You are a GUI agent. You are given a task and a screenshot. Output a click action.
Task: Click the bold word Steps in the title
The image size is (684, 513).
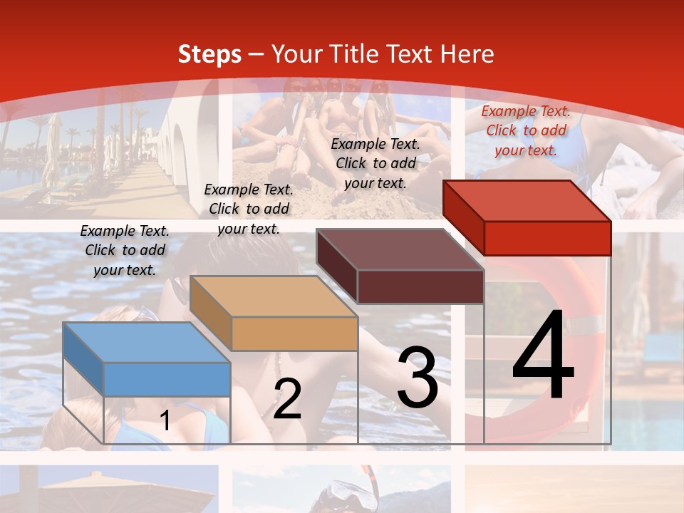coord(209,54)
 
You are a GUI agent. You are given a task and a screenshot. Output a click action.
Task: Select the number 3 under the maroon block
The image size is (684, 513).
coord(417,378)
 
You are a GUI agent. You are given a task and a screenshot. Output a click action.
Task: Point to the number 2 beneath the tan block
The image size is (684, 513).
coord(287,399)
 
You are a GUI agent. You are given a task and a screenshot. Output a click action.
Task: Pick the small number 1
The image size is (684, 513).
coord(165,421)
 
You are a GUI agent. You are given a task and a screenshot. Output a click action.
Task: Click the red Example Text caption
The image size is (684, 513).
coord(526,130)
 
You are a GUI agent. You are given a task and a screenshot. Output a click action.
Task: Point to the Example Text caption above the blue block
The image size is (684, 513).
coord(125,250)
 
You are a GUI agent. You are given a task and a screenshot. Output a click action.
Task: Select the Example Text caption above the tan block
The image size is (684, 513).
coord(249,209)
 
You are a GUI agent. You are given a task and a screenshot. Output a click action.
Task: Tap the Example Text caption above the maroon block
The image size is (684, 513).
coord(375,163)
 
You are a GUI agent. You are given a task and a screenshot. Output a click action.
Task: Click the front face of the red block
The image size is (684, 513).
coord(547,238)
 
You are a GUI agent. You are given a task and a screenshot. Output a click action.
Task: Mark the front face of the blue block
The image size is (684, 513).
coord(167,379)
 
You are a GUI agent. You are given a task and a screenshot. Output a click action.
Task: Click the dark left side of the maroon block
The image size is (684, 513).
coord(336,266)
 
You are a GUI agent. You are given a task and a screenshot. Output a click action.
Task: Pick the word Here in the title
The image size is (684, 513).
coord(467,54)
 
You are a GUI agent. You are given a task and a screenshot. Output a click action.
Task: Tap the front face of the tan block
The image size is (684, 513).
coord(294,333)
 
